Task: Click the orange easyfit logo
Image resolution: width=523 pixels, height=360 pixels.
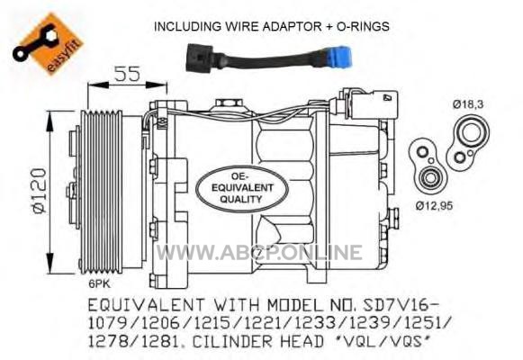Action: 48,42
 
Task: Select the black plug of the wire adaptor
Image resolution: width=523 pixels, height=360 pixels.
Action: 199,58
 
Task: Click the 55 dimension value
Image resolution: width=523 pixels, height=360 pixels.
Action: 128,74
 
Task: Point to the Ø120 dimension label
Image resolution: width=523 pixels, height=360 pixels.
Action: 40,192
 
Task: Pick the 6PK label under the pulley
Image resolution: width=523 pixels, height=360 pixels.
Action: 99,283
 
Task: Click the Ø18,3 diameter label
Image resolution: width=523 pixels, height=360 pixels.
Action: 467,104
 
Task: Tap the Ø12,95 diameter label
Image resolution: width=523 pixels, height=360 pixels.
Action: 434,206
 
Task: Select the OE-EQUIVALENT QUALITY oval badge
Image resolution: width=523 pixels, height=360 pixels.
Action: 242,189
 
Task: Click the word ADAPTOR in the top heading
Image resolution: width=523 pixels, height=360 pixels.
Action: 293,26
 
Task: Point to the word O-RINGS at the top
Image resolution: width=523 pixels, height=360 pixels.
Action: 363,26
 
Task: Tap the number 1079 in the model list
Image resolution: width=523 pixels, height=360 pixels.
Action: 108,323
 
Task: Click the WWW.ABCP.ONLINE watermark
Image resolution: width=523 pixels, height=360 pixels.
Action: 259,252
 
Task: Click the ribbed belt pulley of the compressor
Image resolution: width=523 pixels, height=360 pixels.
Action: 102,193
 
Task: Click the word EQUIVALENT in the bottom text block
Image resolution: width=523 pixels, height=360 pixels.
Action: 146,305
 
